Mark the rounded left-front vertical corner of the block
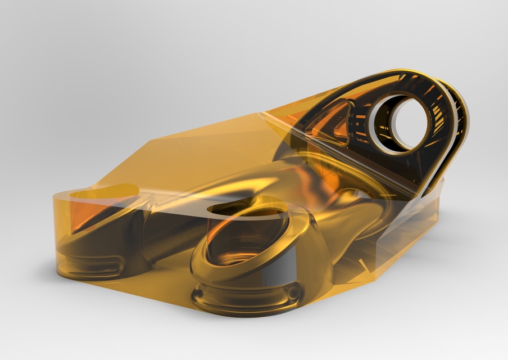click(x=56, y=236)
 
